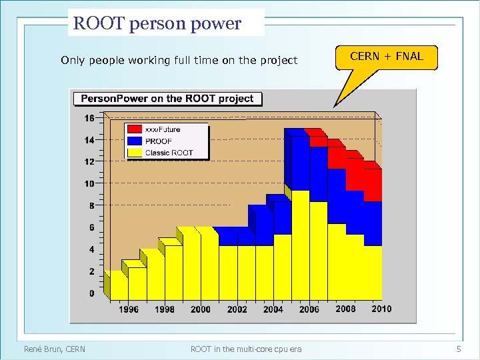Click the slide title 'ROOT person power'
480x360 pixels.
tap(157, 23)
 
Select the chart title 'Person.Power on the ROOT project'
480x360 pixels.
tap(167, 99)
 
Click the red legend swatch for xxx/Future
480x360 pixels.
tap(135, 129)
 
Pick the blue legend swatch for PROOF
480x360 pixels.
tap(135, 141)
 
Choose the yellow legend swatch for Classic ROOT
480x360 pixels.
tap(135, 153)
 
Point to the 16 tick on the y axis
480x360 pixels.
tap(89, 118)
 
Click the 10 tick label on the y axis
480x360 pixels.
tap(89, 183)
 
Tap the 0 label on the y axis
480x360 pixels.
tap(91, 293)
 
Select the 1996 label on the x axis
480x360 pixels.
tap(129, 309)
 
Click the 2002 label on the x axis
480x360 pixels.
tap(237, 309)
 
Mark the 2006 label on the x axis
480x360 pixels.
tap(309, 309)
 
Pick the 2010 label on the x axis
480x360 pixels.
tap(381, 309)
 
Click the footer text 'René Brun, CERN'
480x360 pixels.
tap(55, 349)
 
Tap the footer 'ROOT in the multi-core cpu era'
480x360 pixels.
tap(246, 349)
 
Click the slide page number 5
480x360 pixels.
tap(459, 349)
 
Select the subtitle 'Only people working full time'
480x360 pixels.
tap(179, 61)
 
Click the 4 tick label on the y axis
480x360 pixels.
tap(91, 249)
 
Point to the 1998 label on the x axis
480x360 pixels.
tap(165, 309)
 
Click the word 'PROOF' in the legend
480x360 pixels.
tap(159, 141)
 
